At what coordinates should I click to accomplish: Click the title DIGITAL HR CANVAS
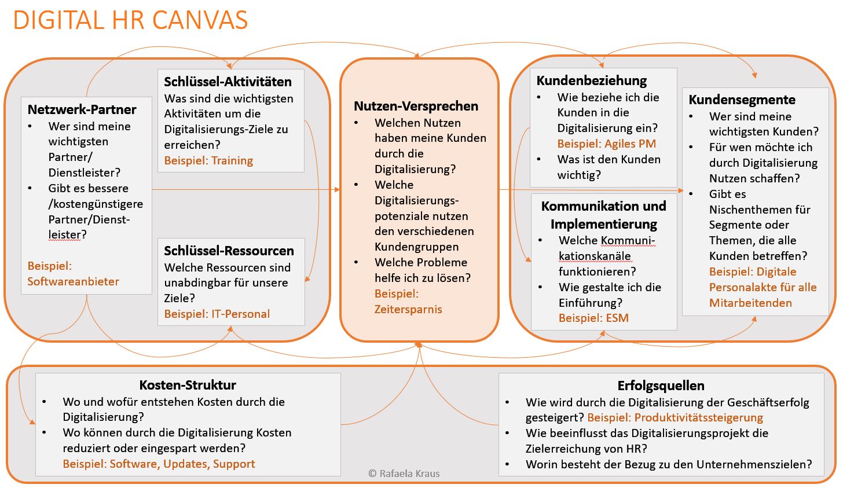click(130, 20)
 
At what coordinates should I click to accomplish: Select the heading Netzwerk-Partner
click(82, 109)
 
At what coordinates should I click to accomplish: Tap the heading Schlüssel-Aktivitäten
click(228, 82)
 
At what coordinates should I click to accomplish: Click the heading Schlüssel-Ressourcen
click(229, 251)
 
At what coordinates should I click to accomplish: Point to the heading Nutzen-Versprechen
click(416, 106)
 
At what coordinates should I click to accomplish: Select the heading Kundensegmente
click(742, 100)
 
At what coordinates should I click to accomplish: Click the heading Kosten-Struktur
click(188, 385)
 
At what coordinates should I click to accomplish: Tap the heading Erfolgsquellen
click(661, 386)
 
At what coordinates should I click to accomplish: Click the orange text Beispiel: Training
click(208, 160)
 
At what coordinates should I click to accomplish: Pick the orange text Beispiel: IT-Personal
click(217, 314)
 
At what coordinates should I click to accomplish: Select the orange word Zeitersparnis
click(408, 309)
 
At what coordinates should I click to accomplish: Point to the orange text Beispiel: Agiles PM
click(606, 144)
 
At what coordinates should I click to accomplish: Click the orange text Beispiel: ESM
click(593, 318)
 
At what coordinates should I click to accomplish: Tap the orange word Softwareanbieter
click(73, 281)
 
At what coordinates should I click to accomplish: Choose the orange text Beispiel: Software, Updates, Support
click(159, 464)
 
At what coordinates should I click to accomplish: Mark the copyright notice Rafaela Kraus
click(404, 474)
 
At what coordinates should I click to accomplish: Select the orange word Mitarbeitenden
click(750, 303)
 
